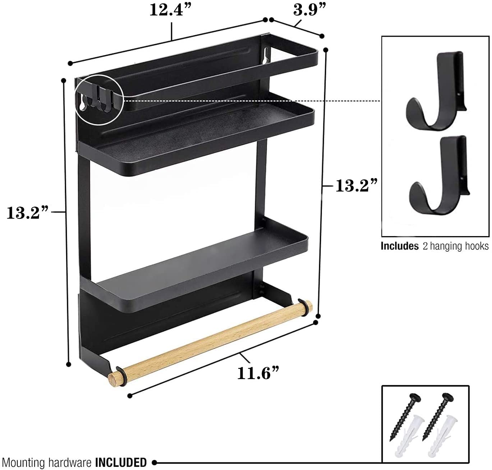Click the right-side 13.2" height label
point(356,186)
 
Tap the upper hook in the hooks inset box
point(436,93)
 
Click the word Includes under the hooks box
point(400,246)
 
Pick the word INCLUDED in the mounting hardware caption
point(121,462)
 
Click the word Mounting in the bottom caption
point(23,462)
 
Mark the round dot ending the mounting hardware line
point(154,462)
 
